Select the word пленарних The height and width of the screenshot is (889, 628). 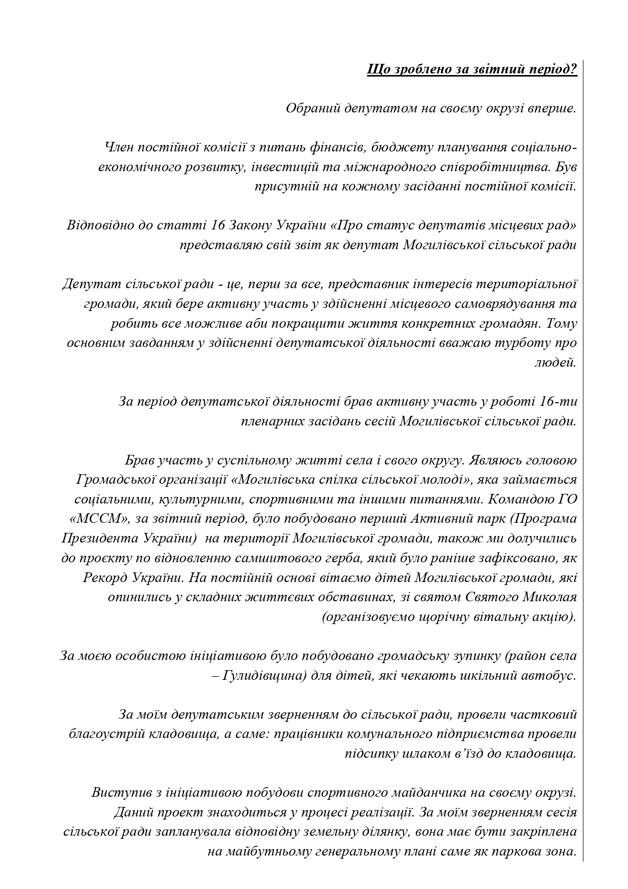271,421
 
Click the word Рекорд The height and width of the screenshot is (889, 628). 105,577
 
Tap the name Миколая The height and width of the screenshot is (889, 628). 552,597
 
